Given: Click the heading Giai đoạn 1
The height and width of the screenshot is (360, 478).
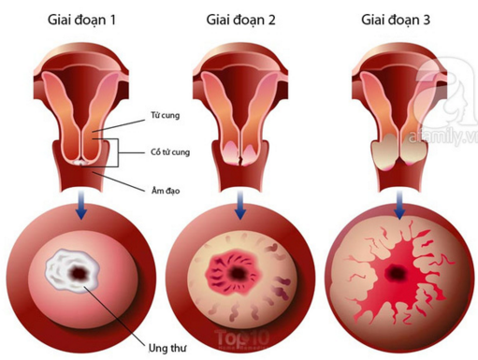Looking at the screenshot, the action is pos(81,21).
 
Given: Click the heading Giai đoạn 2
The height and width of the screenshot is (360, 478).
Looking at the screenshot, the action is pos(240,21).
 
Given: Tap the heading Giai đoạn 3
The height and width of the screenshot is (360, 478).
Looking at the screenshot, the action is pos(396,21).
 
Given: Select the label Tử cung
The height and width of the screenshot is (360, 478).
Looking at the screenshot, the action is pos(166,115).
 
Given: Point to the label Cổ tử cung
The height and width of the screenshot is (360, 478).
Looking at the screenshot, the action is pos(170,152).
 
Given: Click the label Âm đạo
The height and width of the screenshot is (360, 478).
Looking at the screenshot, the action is pos(166,190).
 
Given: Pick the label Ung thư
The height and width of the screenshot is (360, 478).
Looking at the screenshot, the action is pos(167,348).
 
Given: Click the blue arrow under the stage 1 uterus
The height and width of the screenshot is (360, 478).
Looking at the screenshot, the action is pos(81,205).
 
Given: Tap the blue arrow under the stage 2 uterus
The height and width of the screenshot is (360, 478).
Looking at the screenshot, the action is pos(240,205).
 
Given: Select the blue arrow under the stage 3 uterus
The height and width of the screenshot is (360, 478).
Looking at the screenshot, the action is pos(399,205).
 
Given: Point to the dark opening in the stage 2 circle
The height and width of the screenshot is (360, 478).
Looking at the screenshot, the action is pos(238,273).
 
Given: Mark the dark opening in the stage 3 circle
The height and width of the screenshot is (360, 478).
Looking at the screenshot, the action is pos(396,273).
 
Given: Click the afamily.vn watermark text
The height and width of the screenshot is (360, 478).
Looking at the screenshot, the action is pos(442,137).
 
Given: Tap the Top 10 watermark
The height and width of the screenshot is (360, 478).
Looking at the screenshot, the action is pos(242,338).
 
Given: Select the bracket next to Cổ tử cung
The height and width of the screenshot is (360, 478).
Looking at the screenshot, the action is pos(118,152).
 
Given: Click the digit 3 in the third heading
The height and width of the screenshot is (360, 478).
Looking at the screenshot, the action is pos(427,21).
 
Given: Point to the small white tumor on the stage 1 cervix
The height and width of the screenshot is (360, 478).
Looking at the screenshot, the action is pos(80,163).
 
